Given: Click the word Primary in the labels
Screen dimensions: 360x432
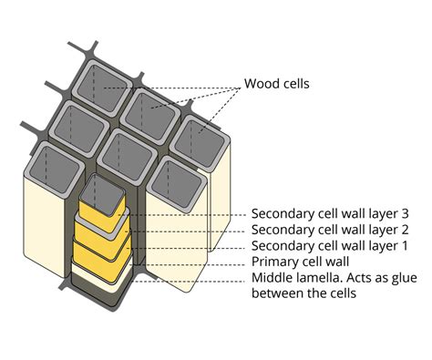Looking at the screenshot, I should [274, 263].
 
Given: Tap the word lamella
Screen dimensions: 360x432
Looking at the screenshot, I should [322, 280].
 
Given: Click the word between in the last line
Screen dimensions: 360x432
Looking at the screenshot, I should [277, 295].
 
